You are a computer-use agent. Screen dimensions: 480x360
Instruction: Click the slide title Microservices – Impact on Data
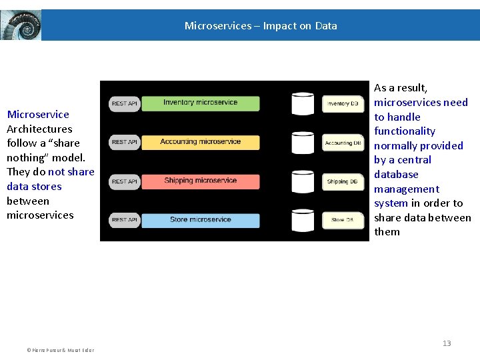[261, 26]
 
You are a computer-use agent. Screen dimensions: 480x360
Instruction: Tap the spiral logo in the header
[21, 25]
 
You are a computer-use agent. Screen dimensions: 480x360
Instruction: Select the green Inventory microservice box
[200, 103]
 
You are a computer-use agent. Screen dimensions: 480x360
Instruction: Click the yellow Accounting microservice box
[200, 142]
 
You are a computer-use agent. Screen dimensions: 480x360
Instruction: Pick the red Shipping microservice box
[200, 181]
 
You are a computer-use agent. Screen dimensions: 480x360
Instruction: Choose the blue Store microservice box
[200, 219]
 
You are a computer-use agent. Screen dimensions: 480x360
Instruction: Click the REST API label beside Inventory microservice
[124, 103]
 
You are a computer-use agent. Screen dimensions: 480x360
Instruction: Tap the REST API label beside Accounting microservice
[124, 142]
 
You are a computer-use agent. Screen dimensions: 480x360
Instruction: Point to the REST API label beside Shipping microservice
[124, 181]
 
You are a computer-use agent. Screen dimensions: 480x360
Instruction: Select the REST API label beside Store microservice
[124, 220]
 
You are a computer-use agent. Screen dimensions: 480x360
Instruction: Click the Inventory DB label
[343, 104]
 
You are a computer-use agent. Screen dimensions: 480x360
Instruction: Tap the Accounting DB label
[343, 143]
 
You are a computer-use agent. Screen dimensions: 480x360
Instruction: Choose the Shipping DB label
[343, 181]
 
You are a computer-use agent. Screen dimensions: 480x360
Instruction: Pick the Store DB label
[343, 220]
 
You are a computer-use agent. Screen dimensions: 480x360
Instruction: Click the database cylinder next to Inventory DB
[303, 103]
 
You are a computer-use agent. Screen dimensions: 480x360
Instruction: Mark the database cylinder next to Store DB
[303, 219]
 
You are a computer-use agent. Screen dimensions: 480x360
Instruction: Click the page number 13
[447, 343]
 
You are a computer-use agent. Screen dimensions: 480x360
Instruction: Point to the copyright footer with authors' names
[60, 350]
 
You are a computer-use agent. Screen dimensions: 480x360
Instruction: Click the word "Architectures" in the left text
[39, 129]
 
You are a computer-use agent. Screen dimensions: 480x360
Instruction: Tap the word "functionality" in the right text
[405, 131]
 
